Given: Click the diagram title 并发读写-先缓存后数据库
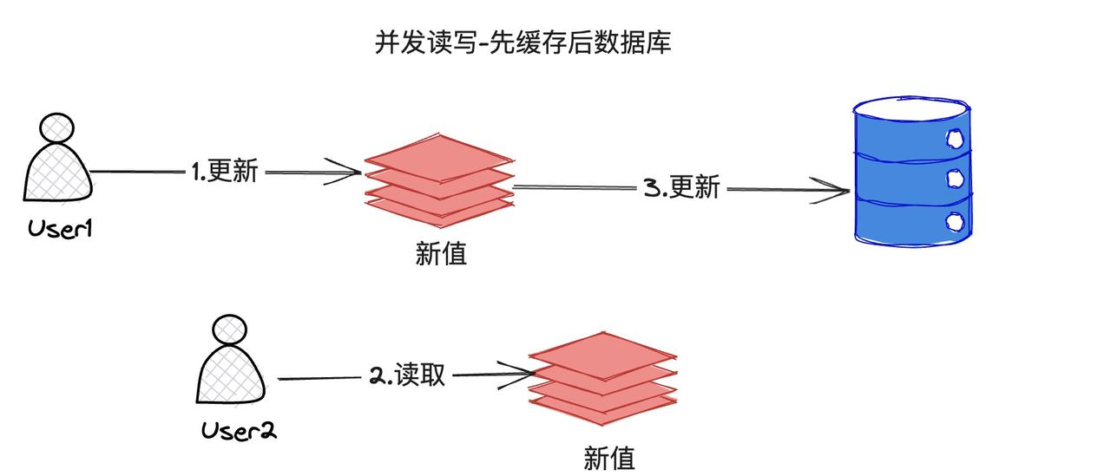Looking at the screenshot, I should point(523,43).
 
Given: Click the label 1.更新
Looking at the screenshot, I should point(224,171).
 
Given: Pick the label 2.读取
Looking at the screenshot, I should point(407,375).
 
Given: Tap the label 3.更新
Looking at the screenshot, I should point(681,187).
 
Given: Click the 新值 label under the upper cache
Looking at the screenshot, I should point(441,253).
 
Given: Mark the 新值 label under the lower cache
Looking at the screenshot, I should point(608,457).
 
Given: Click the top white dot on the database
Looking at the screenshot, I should point(955,137).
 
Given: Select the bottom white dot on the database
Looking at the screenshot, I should point(955,221).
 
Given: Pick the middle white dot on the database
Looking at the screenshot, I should point(955,179).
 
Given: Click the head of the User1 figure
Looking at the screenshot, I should point(56,127).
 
